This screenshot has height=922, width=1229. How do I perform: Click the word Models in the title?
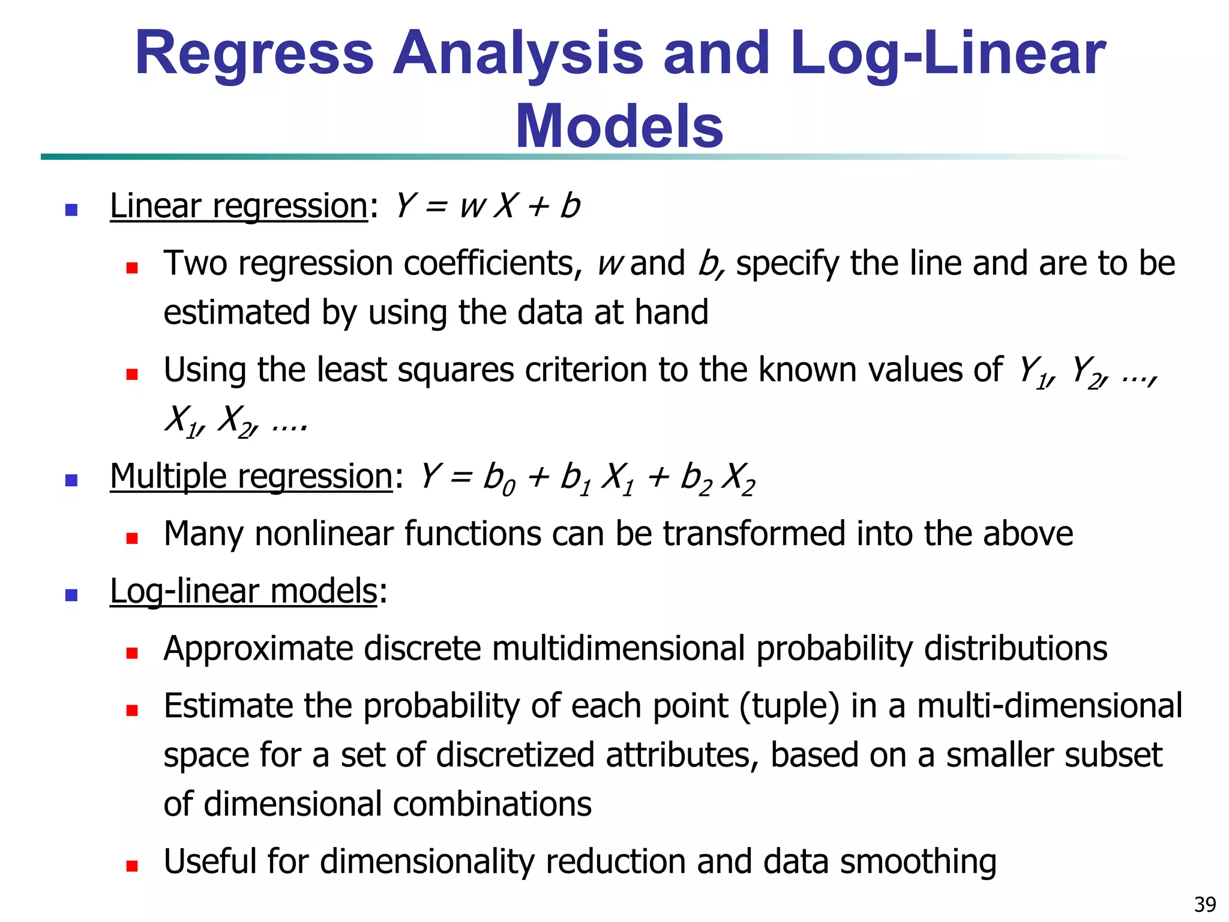click(619, 127)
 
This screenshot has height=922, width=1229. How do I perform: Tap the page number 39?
click(1205, 904)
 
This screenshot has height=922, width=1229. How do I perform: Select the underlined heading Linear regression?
click(238, 206)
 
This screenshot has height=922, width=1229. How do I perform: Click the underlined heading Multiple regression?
click(251, 477)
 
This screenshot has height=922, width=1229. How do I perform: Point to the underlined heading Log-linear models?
click(243, 591)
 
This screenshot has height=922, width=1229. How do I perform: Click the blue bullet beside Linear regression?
click(71, 209)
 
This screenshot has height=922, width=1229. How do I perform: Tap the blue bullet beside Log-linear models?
click(71, 595)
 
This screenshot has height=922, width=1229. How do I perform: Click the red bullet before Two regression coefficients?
click(132, 268)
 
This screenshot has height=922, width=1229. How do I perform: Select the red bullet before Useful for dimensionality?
click(132, 866)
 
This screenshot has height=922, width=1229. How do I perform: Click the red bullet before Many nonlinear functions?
click(132, 538)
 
